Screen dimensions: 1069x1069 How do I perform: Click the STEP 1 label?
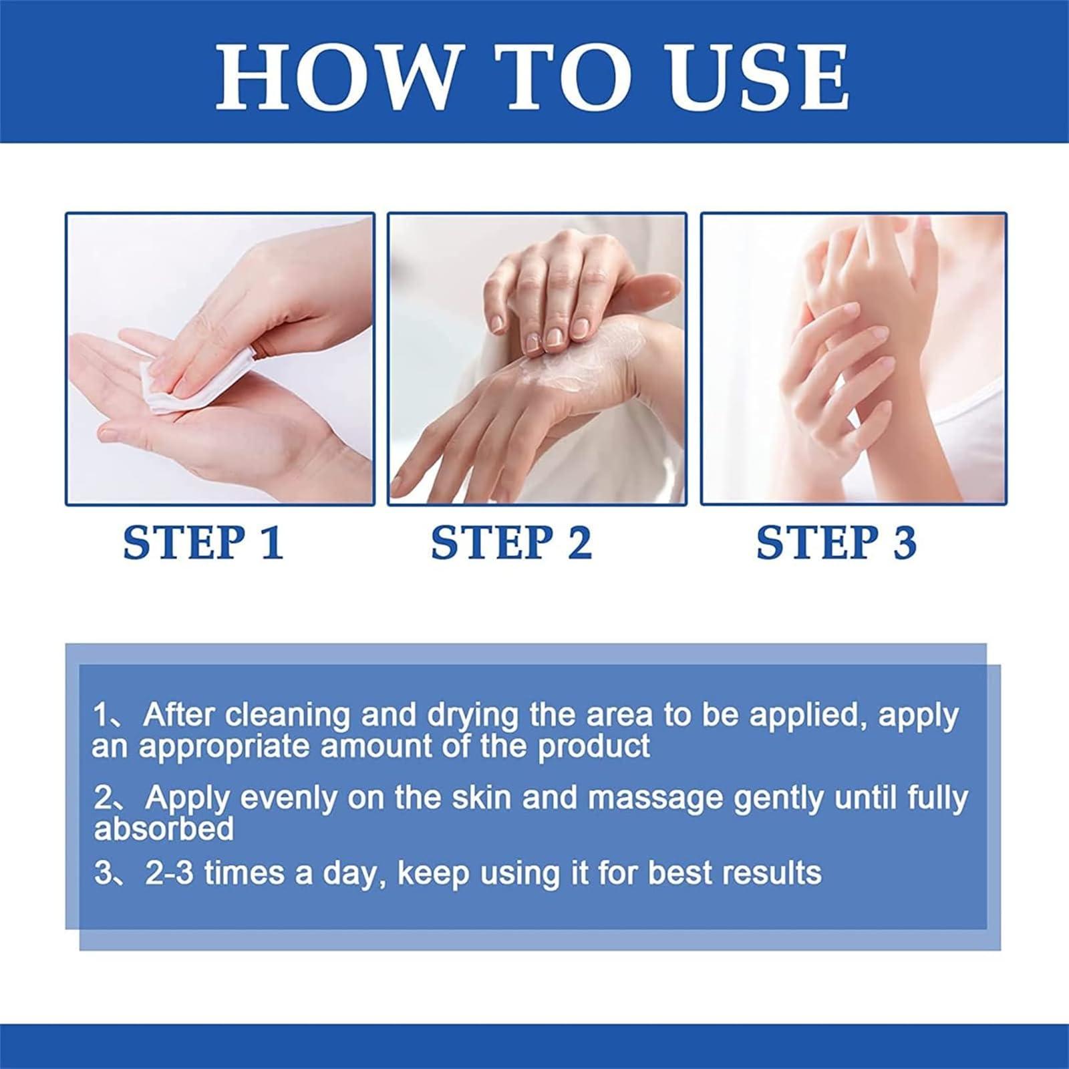tap(204, 543)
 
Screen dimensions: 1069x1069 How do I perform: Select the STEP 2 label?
tap(512, 543)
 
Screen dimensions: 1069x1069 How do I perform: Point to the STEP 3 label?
tap(836, 543)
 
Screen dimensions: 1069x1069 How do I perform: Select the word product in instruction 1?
tap(594, 746)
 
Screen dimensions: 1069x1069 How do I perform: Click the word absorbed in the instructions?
tap(164, 829)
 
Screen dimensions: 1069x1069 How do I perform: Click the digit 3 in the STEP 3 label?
tap(905, 543)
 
